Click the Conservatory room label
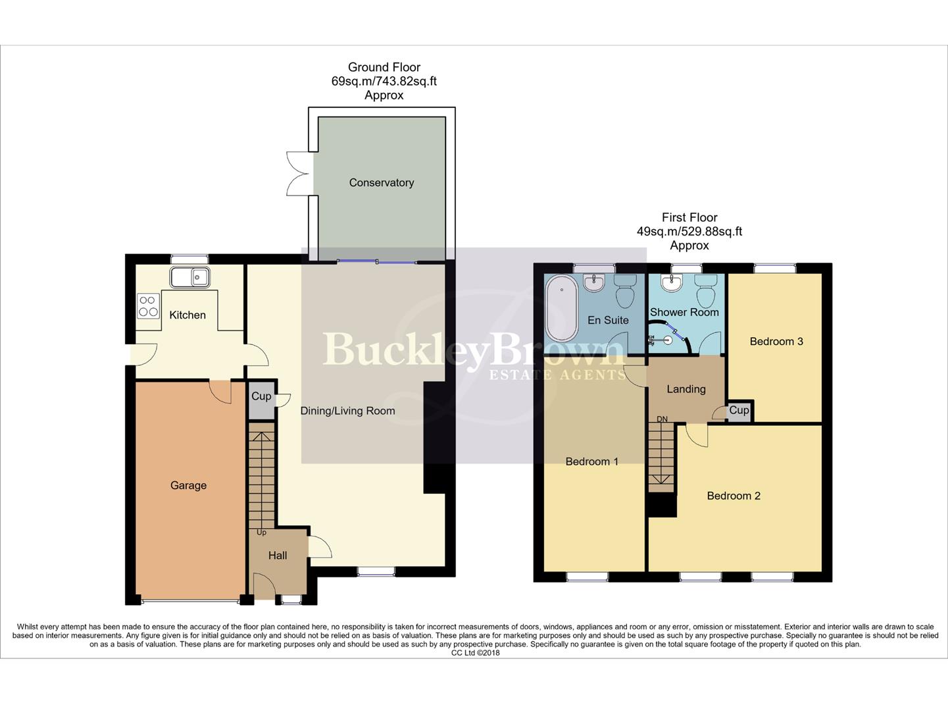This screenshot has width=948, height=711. (382, 183)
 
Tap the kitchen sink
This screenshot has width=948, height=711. (189, 277)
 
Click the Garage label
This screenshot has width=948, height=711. (188, 486)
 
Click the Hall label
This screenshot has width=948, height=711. (278, 556)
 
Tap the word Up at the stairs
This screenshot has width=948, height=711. (261, 533)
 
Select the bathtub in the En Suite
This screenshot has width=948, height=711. (561, 307)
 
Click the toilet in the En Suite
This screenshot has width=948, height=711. (624, 290)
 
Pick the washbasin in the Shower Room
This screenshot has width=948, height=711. (672, 284)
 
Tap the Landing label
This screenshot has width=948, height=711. (686, 389)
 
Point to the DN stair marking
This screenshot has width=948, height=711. (662, 419)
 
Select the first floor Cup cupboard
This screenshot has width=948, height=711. (739, 410)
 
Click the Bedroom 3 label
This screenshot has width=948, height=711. (776, 342)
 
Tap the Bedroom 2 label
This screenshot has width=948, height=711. (734, 496)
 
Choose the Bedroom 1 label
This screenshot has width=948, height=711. (592, 462)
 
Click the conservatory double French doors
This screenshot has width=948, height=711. (297, 174)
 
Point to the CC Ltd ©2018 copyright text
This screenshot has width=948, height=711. (475, 653)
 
